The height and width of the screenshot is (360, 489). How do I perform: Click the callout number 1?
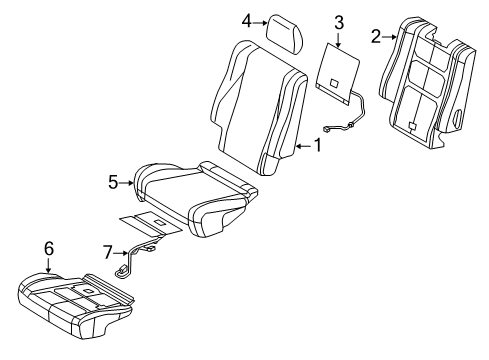[x=318, y=147]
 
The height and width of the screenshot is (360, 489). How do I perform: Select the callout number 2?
[x=376, y=37]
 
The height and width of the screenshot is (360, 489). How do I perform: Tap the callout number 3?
[x=338, y=21]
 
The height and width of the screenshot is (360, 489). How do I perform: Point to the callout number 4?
[x=246, y=19]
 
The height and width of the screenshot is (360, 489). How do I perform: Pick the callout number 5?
[x=114, y=182]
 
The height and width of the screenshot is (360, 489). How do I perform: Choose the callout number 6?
[x=47, y=248]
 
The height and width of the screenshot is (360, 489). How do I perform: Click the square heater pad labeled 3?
[x=337, y=68]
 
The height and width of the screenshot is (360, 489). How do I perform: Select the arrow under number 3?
[x=338, y=39]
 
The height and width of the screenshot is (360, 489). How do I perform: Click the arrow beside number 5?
[x=128, y=182]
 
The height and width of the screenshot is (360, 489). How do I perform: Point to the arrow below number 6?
[x=47, y=265]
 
